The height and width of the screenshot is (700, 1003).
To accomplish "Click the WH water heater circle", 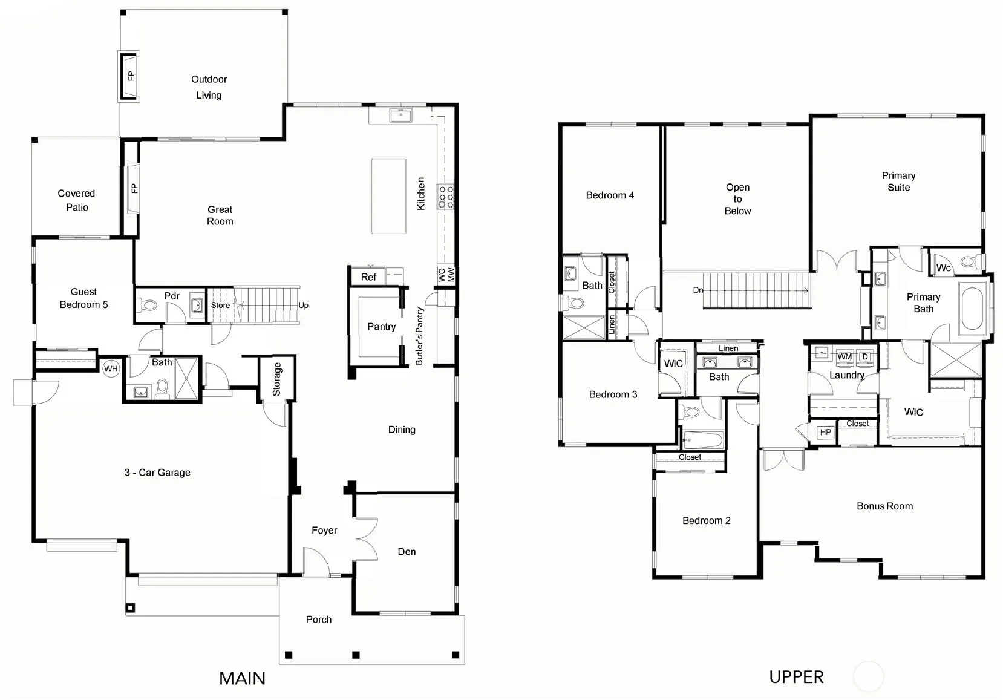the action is [111, 368].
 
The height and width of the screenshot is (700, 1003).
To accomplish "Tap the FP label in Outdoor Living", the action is [131, 76].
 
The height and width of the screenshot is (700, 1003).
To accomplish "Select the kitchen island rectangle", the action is [388, 196].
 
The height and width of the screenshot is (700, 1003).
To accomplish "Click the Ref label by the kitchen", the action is [368, 277].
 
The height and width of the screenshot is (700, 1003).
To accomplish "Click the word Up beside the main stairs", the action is [303, 306].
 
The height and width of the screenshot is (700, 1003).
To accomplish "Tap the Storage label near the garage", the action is [276, 379].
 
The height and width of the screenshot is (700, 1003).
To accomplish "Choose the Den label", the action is [407, 552].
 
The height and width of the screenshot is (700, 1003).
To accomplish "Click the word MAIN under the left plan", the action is [242, 678].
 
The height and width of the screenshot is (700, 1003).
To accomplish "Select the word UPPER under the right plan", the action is [796, 677].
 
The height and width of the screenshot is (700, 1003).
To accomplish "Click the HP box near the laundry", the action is [825, 432].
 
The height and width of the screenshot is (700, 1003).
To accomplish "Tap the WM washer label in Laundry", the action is [845, 356].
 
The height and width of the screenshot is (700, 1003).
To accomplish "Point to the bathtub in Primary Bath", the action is [972, 308].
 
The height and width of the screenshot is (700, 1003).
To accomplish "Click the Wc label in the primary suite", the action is [943, 268].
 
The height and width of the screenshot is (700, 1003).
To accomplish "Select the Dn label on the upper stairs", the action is [698, 290].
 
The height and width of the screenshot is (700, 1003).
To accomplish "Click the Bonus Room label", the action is [885, 506].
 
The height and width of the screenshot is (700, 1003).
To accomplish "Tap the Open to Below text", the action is [737, 199].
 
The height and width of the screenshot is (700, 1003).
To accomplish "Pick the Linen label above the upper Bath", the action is [728, 348].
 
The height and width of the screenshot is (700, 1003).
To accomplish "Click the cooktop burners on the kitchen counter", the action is [445, 197].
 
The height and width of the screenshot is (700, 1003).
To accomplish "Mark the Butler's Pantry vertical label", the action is [419, 336].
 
